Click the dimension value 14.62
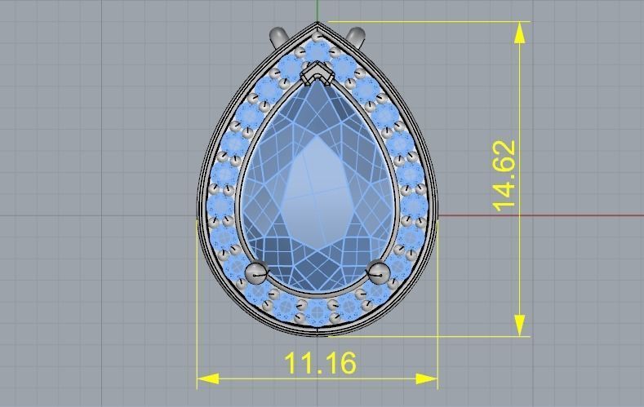tap(505, 176)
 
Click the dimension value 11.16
tap(319, 363)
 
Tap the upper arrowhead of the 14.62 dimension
tap(520, 31)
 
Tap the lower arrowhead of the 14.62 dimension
tap(520, 325)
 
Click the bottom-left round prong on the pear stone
tap(257, 272)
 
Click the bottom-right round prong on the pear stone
tap(377, 272)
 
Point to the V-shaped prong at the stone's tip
tap(317, 76)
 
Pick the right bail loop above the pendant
tap(355, 37)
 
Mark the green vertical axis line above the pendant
tap(318, 11)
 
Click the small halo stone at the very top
tap(318, 51)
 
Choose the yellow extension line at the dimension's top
tap(424, 22)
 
